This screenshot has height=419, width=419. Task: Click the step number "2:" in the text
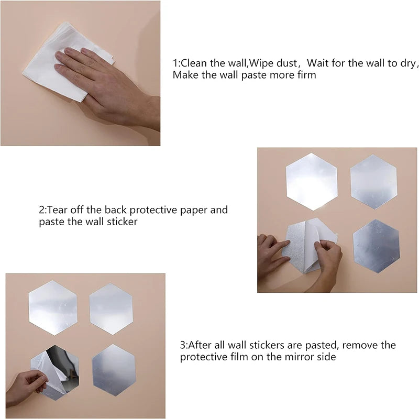[x=43, y=210]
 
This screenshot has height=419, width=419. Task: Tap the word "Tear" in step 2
[x=57, y=210]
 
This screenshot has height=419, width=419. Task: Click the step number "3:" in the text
[x=184, y=345]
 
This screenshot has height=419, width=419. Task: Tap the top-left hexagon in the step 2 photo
[x=312, y=182]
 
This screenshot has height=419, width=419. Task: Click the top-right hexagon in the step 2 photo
[x=373, y=181]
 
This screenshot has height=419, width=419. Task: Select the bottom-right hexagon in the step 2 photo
[x=376, y=246]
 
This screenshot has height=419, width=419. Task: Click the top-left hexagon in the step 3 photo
[x=53, y=307]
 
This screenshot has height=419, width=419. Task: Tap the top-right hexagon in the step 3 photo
[x=111, y=309]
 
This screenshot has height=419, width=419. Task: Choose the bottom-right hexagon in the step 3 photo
[x=114, y=370]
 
